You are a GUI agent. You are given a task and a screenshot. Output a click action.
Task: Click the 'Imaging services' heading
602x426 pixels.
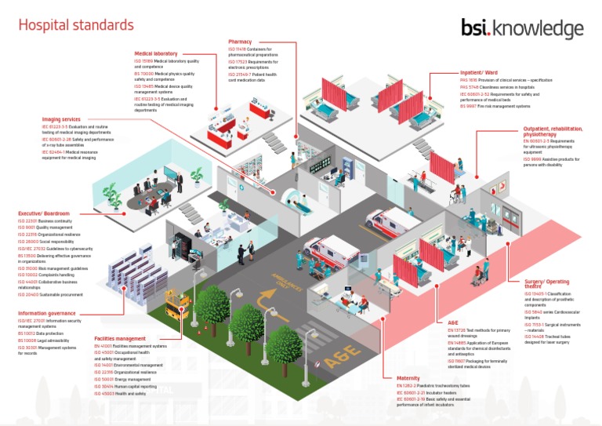[x=61, y=119]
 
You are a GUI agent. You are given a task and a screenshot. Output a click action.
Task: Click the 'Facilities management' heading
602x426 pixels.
[x=121, y=337]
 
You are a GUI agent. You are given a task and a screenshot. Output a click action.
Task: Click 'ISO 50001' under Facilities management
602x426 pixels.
[x=103, y=379]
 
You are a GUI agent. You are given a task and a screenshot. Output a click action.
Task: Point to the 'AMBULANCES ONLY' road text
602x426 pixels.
[x=291, y=280]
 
